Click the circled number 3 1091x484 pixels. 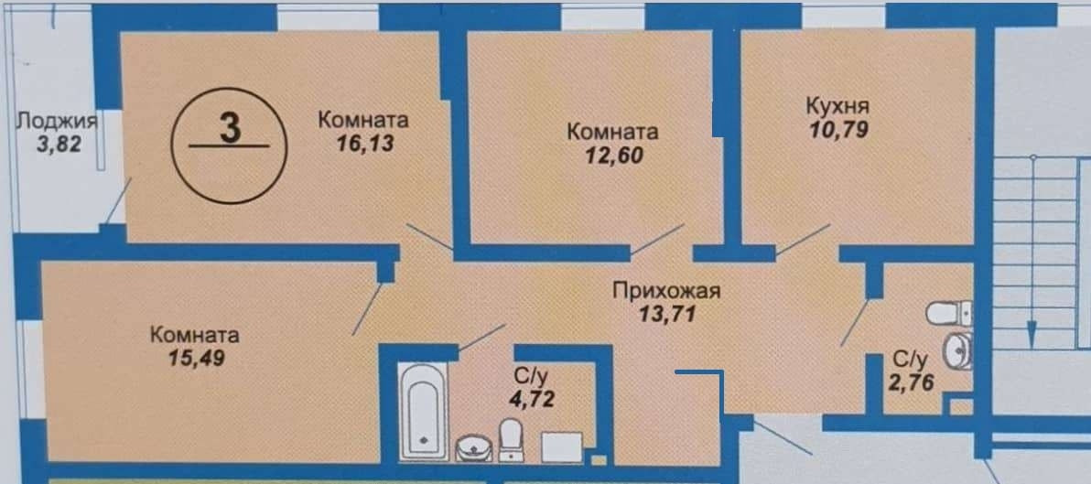[230, 129]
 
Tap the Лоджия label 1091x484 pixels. [57, 120]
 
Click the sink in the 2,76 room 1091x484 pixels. [957, 350]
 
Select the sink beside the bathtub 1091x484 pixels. [473, 446]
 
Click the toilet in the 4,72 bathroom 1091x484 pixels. [509, 438]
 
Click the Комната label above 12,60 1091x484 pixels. [613, 132]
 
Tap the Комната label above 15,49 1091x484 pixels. [195, 334]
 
